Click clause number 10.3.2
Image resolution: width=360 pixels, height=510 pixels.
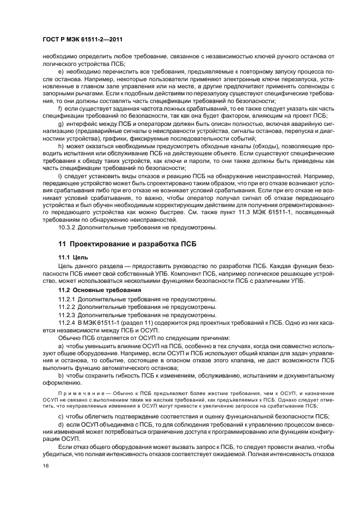(x=69, y=227)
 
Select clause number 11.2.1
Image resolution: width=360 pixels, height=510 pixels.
(x=68, y=299)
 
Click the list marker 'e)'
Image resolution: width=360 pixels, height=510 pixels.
(x=61, y=71)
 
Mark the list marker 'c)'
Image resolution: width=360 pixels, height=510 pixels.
(x=61, y=416)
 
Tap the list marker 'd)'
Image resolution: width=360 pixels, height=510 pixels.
(x=61, y=424)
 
